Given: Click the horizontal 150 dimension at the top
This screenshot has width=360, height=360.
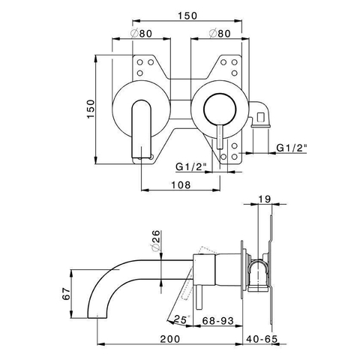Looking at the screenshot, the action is [x=187, y=16].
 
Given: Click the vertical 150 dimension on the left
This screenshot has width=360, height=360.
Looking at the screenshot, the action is [x=91, y=109].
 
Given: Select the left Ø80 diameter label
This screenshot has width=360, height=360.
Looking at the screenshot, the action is [x=141, y=33].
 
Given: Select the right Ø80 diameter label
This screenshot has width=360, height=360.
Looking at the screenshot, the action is [x=220, y=33].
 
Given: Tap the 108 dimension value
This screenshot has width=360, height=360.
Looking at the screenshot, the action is [x=181, y=185].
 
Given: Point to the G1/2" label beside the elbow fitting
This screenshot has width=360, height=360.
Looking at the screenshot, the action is [x=292, y=148].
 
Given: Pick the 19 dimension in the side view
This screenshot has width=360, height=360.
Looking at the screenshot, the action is [x=265, y=199].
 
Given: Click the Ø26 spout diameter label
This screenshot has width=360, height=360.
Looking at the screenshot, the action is [x=155, y=240].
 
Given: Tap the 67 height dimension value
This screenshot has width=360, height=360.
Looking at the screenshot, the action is [x=66, y=293].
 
